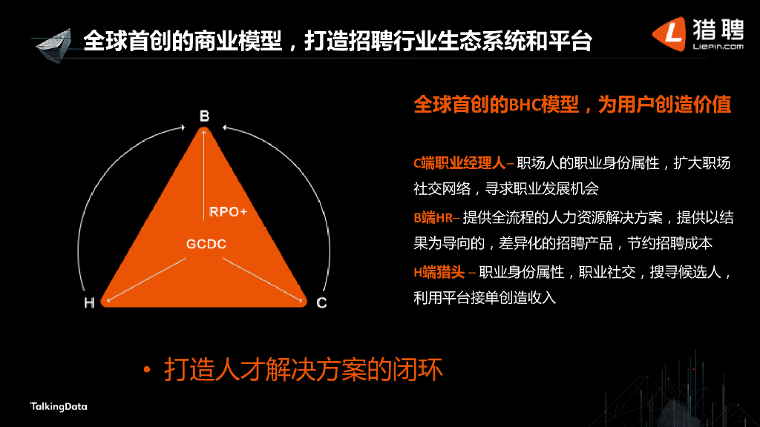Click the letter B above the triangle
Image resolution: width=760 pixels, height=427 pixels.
click(x=205, y=116)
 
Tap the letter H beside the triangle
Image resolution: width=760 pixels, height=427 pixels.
click(x=89, y=303)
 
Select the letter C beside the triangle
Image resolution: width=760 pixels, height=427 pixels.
click(x=321, y=303)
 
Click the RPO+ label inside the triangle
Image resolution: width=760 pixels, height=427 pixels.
click(x=229, y=212)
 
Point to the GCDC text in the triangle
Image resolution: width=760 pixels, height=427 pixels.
click(x=206, y=244)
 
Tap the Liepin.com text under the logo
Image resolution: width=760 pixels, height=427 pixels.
click(x=718, y=47)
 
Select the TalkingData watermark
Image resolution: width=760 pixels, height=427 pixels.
click(x=59, y=407)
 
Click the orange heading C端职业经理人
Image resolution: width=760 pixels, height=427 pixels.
click(x=459, y=163)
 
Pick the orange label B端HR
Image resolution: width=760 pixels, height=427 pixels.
click(x=433, y=218)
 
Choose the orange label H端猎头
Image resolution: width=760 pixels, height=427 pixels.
click(x=439, y=273)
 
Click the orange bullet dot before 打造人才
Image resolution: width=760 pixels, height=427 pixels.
click(x=147, y=371)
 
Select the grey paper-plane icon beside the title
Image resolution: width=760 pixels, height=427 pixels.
click(x=53, y=45)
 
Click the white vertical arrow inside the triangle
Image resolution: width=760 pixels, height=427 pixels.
click(x=203, y=175)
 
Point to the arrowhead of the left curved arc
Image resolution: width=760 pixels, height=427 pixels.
click(x=183, y=128)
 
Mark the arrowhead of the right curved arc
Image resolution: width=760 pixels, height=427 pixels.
click(x=226, y=128)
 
